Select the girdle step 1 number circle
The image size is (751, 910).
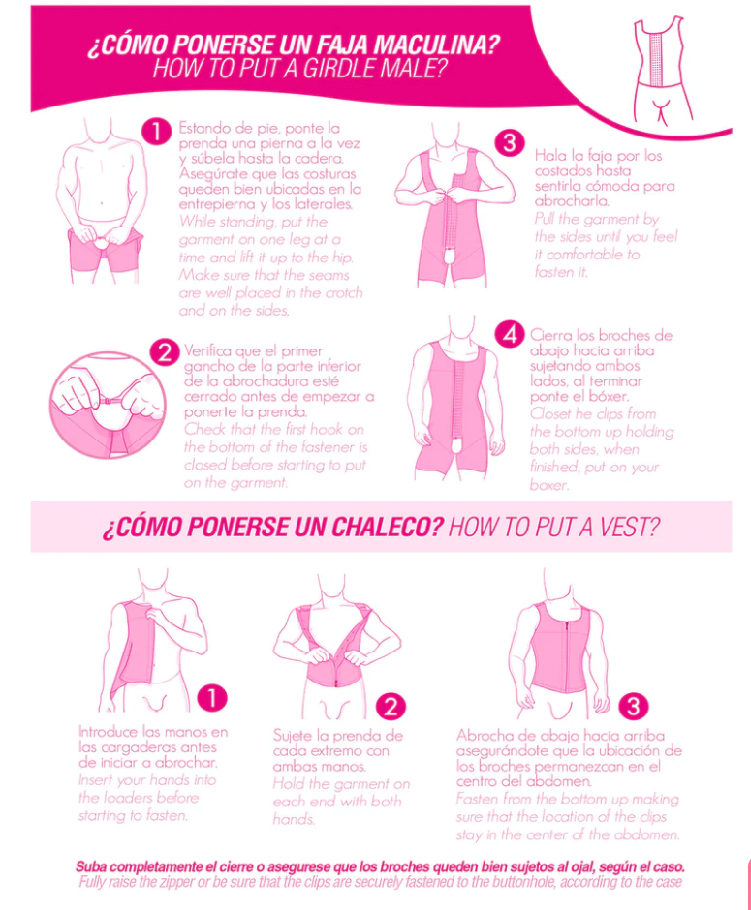click(x=157, y=132)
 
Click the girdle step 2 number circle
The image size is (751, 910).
click(x=165, y=351)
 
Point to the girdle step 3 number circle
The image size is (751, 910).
click(x=510, y=142)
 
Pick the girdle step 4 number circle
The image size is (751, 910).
click(x=510, y=334)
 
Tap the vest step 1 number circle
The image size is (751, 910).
click(x=212, y=698)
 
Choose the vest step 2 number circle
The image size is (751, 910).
click(x=391, y=707)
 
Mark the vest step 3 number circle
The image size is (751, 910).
click(x=633, y=707)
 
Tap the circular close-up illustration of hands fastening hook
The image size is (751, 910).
click(x=108, y=405)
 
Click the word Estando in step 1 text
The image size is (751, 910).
click(x=201, y=128)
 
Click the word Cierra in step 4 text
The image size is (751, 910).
click(x=548, y=335)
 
